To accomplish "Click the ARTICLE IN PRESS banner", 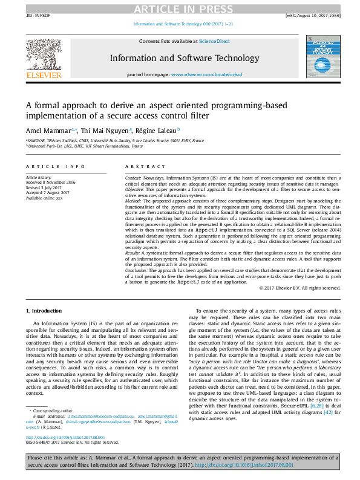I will pos(180,8).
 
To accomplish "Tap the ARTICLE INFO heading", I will pos(55,166).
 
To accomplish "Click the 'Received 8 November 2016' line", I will pos(50,182).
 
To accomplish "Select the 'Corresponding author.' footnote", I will pos(53,410).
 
